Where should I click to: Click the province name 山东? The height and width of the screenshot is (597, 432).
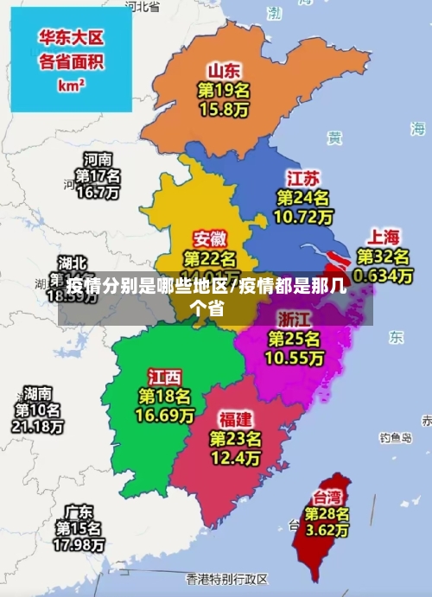click(x=224, y=70)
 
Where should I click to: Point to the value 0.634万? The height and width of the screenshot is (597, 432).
click(x=384, y=276)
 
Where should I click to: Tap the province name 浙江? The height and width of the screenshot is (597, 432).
click(x=295, y=317)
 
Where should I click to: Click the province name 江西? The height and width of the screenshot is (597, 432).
click(x=164, y=378)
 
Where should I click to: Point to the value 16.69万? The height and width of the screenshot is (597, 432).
click(x=164, y=416)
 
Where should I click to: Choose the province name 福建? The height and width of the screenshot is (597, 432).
click(x=235, y=419)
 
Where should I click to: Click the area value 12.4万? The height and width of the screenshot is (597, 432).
click(x=235, y=457)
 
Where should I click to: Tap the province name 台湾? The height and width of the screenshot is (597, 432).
click(x=327, y=497)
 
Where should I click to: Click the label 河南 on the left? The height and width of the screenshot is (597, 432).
click(x=98, y=159)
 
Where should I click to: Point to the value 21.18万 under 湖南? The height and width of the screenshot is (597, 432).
click(x=37, y=426)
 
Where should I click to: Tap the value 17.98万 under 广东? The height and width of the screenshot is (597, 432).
click(x=79, y=545)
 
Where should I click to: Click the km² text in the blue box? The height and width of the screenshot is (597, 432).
click(x=71, y=86)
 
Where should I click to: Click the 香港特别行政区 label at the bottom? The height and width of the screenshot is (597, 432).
click(x=227, y=578)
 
